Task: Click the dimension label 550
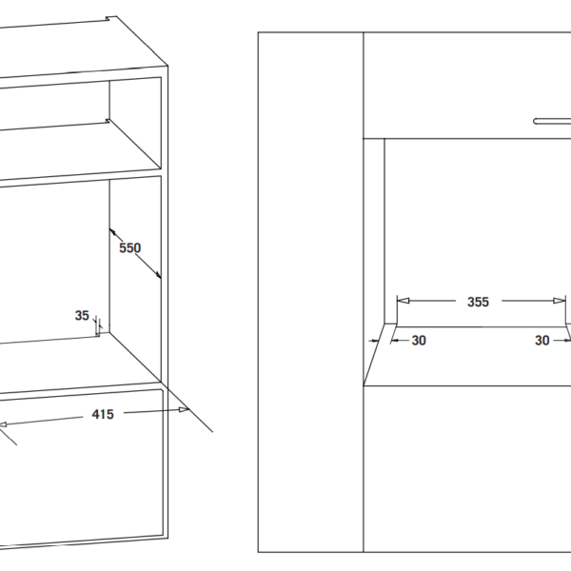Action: (129, 248)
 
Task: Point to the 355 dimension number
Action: (478, 302)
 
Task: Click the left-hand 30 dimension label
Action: (419, 340)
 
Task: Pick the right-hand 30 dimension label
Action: (542, 340)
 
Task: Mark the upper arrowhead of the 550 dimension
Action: (113, 231)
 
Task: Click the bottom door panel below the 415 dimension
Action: (86, 476)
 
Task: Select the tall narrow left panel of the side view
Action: (311, 285)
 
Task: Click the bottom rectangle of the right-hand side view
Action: (466, 466)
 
